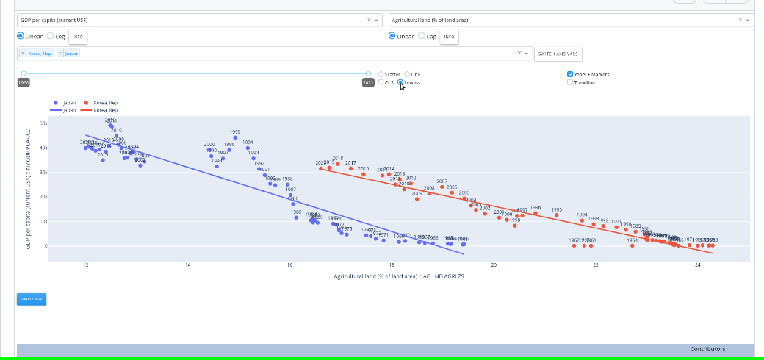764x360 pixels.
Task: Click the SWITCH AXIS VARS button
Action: (558, 54)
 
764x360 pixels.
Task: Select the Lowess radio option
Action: (401, 82)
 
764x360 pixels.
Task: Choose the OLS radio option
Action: (381, 82)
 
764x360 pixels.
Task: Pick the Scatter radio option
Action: (381, 74)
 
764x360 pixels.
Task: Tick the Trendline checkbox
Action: (570, 82)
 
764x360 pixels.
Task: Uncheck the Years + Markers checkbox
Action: (570, 74)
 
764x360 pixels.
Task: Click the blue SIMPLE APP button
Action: (32, 299)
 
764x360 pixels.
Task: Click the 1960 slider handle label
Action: (24, 83)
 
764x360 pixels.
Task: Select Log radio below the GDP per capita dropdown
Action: (50, 36)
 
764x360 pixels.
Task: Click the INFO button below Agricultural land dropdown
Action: (449, 36)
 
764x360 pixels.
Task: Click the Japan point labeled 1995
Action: (235, 137)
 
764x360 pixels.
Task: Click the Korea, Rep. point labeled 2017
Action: (350, 168)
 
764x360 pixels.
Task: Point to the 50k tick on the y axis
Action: (43, 123)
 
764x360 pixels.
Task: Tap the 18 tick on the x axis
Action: (392, 264)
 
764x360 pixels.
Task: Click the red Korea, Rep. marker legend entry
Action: (87, 103)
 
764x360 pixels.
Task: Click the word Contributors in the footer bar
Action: (707, 349)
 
